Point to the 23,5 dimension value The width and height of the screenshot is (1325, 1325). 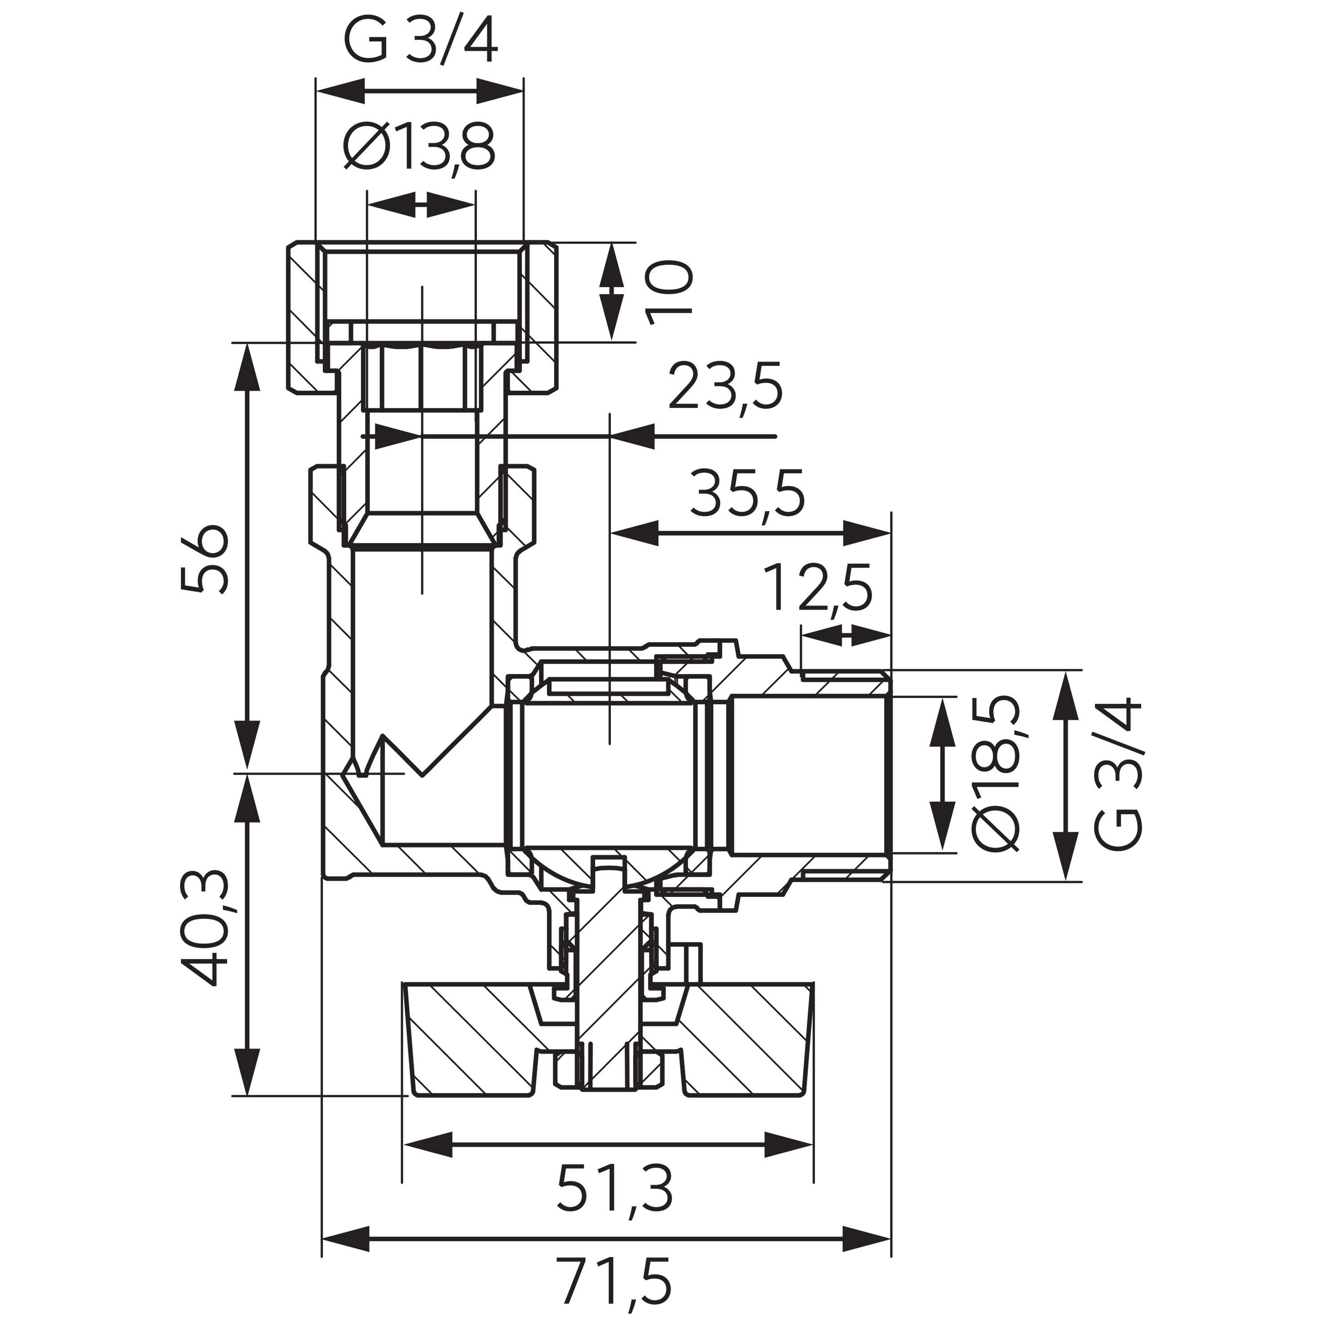[x=725, y=388]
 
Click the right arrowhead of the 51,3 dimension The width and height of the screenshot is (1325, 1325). [x=789, y=1144]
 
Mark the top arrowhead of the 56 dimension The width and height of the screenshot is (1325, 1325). [x=247, y=367]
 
